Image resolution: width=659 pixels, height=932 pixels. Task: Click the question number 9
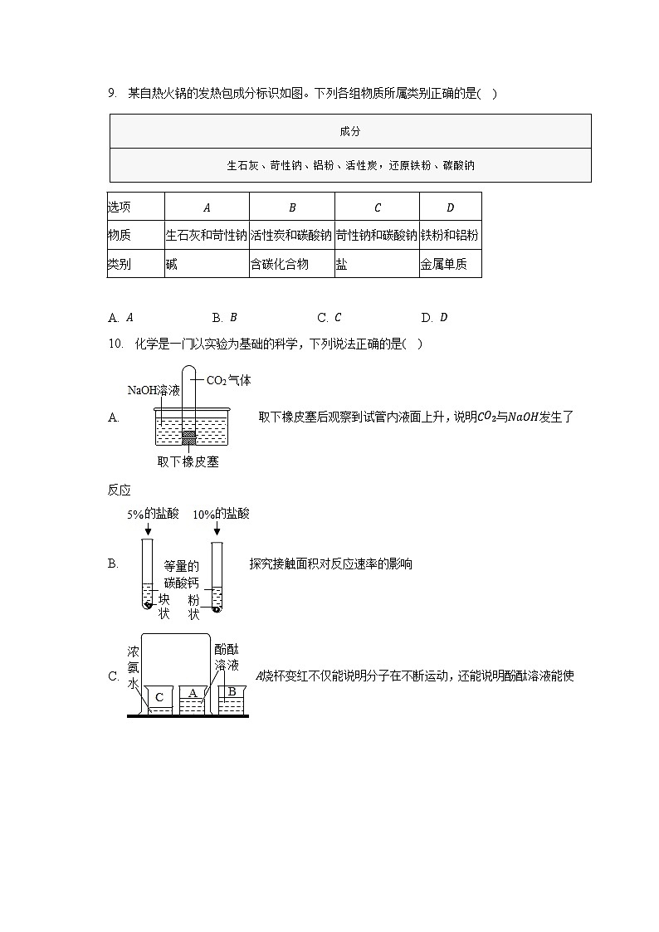click(x=111, y=94)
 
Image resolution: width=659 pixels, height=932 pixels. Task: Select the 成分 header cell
click(x=350, y=132)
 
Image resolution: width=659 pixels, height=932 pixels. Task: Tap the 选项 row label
click(x=120, y=207)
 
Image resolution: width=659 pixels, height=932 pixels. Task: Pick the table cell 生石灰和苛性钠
click(x=207, y=235)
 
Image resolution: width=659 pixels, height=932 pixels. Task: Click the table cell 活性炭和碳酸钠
click(x=291, y=235)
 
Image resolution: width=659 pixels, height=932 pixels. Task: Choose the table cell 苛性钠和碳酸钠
click(x=377, y=235)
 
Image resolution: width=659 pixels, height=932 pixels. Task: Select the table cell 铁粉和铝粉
click(x=450, y=235)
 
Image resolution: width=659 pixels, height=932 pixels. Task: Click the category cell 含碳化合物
click(x=280, y=264)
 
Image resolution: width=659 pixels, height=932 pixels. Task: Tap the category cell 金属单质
click(x=444, y=264)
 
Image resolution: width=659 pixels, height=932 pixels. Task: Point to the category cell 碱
click(x=171, y=264)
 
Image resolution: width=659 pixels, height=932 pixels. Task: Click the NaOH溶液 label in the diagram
click(x=154, y=390)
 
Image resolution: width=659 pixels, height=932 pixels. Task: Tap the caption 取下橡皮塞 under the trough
click(x=188, y=462)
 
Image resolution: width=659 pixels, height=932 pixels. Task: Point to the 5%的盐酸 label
click(x=153, y=514)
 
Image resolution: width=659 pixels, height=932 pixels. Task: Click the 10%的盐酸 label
click(x=221, y=514)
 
